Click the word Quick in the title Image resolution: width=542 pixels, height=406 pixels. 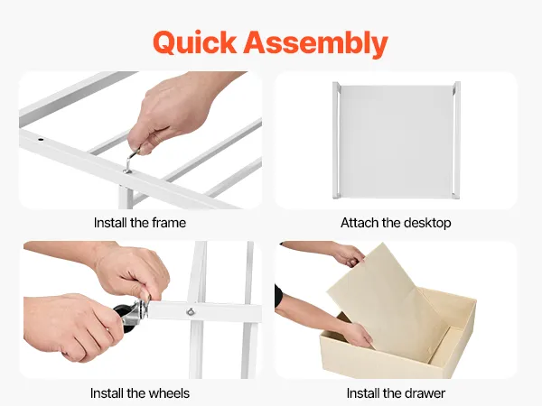(x=194, y=42)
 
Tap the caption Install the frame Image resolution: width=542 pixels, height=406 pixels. (x=140, y=223)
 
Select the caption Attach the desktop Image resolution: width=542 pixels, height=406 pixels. (x=396, y=223)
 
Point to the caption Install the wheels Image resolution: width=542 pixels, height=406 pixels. (x=140, y=393)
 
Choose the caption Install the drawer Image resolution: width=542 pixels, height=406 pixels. (x=396, y=393)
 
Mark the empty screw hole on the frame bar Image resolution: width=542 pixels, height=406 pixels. (x=41, y=140)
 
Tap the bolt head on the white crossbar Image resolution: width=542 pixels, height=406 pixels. (x=191, y=312)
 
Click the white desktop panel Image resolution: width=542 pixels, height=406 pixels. (x=397, y=141)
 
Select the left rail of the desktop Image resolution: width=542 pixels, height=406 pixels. (x=336, y=140)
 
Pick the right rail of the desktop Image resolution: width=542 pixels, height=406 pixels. (x=456, y=140)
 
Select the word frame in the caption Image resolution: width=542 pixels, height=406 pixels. (x=169, y=223)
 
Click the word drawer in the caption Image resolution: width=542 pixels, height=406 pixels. (x=425, y=393)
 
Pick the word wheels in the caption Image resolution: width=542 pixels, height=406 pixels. (x=169, y=393)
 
